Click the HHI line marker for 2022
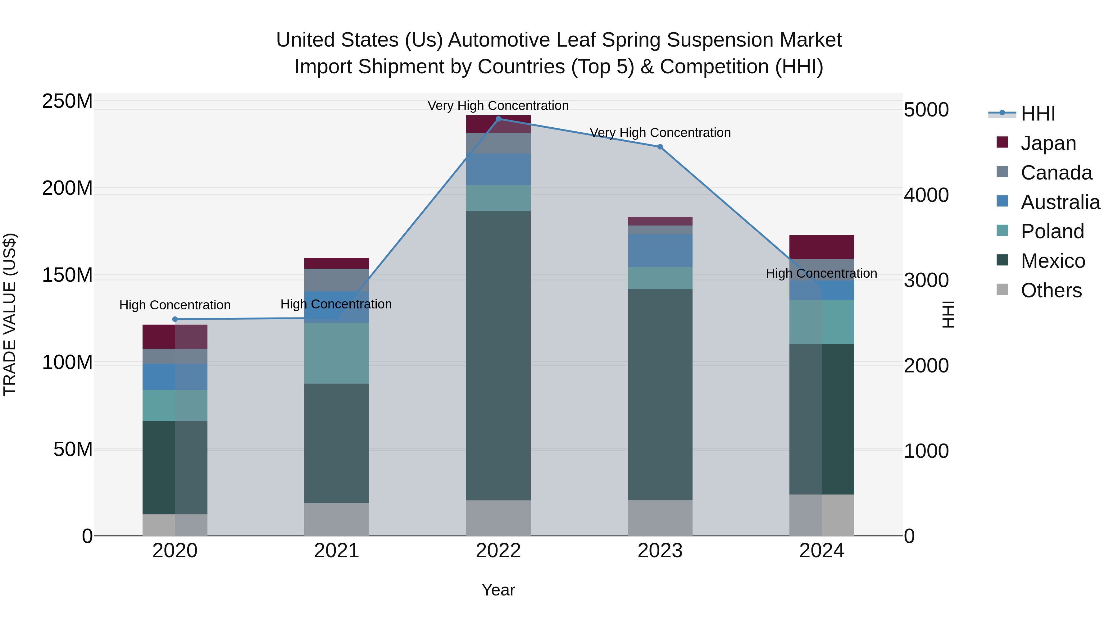(498, 119)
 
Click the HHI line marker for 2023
(660, 147)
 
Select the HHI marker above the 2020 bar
(175, 319)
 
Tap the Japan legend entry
(1048, 143)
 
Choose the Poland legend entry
(1052, 231)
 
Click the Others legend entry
(1051, 290)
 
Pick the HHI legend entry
(1038, 114)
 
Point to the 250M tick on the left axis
(67, 101)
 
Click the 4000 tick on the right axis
(926, 195)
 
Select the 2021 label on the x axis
(336, 551)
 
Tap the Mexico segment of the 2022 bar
(498, 356)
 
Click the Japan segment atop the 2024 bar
(821, 247)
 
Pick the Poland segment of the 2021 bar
(336, 353)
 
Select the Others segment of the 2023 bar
(660, 517)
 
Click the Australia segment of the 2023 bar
(660, 250)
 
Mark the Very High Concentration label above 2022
(498, 106)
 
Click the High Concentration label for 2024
(821, 273)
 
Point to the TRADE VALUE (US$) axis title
(10, 314)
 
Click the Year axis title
(498, 590)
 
